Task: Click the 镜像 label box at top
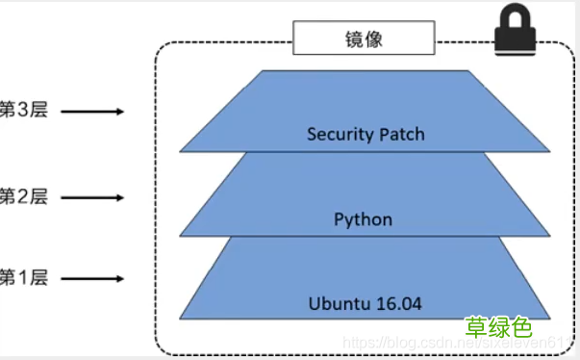[363, 40]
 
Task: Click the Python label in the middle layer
[363, 219]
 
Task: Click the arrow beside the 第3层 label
[93, 112]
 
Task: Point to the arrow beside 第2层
[93, 197]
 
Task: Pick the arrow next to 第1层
[93, 279]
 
